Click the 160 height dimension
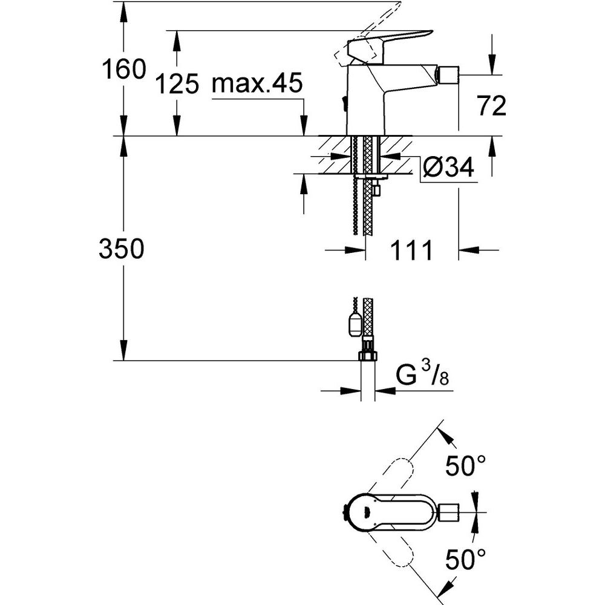tap(124, 70)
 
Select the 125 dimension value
tap(177, 83)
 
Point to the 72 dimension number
tap(492, 106)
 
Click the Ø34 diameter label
tap(448, 168)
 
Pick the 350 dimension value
tap(122, 249)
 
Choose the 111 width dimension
tap(411, 250)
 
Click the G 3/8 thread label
tap(423, 374)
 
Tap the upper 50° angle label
tap(466, 465)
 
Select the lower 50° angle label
tap(466, 559)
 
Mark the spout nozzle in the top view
tap(448, 512)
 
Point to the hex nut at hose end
tap(367, 355)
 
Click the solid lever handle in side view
tap(390, 42)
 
